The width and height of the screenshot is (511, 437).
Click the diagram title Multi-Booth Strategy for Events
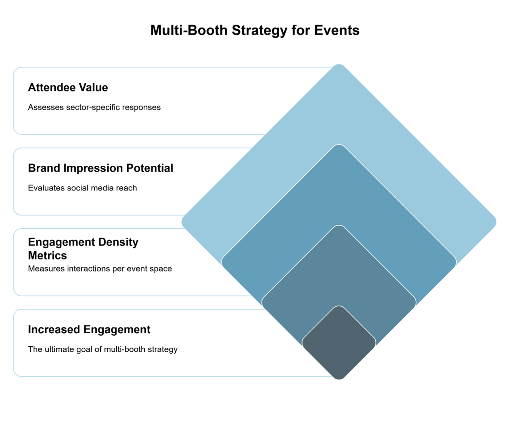click(x=255, y=30)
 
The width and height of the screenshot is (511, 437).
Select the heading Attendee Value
click(x=68, y=87)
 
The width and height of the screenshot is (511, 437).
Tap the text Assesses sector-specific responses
click(x=94, y=107)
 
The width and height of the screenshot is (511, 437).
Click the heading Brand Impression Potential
click(x=100, y=168)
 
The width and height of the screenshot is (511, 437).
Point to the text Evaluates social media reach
click(x=83, y=188)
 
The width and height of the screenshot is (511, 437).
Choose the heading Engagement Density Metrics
click(x=83, y=248)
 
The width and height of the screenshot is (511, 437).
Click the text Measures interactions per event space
click(x=100, y=269)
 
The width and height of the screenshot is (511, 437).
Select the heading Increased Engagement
click(x=89, y=330)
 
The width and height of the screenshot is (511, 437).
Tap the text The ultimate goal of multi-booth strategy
click(x=103, y=349)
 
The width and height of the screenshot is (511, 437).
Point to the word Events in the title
click(x=337, y=30)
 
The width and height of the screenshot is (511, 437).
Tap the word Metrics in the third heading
click(x=47, y=255)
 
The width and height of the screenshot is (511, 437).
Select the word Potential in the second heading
click(x=149, y=168)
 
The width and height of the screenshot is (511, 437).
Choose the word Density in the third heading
click(x=118, y=242)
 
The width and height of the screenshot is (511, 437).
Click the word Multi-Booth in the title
click(x=189, y=30)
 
